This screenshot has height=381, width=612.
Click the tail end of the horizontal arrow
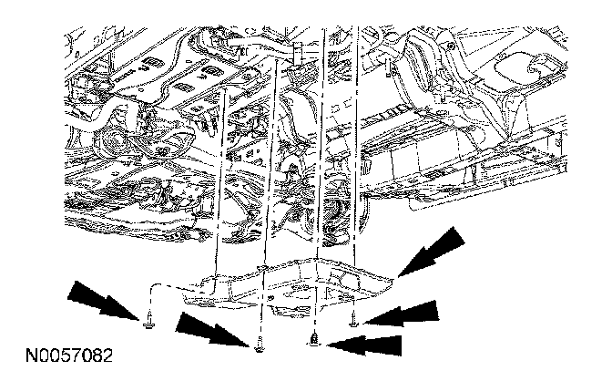[399, 345]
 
